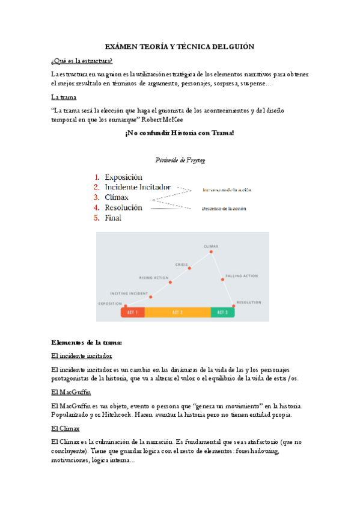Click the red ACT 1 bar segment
click(133, 312)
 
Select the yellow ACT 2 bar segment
click(177, 312)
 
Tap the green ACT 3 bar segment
click(222, 312)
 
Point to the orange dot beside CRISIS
click(189, 268)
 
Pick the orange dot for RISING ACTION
click(170, 282)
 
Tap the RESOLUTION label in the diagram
click(248, 302)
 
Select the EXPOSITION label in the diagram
click(110, 303)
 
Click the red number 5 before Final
click(97, 218)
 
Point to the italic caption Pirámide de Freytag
click(180, 159)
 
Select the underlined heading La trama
click(63, 97)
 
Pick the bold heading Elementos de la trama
click(87, 342)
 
